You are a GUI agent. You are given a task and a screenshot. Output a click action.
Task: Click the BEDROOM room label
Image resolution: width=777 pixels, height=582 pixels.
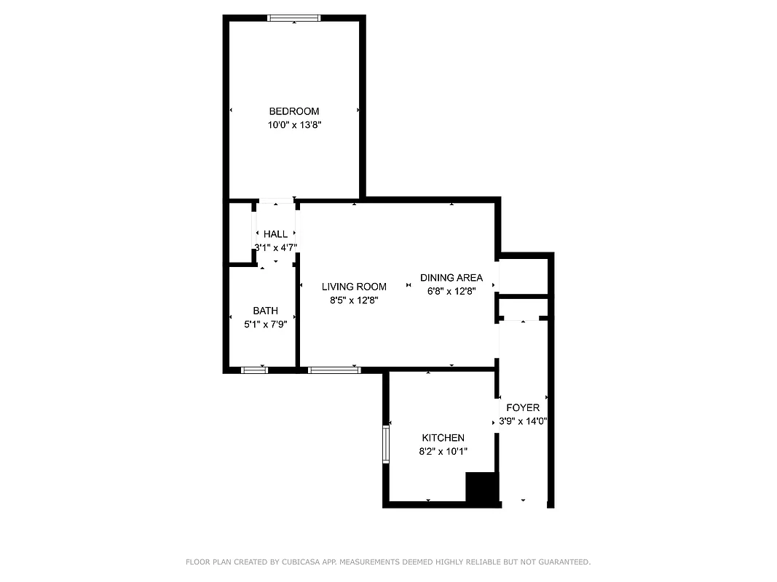[294, 111]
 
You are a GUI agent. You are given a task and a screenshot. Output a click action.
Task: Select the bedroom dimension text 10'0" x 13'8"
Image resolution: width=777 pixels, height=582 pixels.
[294, 125]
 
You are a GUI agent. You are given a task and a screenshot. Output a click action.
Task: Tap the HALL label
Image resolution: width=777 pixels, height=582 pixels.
[276, 234]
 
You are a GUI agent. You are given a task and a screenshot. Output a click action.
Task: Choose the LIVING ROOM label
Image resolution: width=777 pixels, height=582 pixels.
[354, 287]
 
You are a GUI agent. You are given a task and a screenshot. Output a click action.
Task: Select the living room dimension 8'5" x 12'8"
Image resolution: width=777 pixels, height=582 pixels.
[354, 300]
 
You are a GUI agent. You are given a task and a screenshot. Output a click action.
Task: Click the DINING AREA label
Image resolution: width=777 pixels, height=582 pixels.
[451, 278]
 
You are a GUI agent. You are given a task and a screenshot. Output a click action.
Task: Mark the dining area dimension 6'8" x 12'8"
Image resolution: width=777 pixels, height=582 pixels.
[451, 292]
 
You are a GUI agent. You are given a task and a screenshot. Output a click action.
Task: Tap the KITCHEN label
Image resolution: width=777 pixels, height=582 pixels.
[443, 438]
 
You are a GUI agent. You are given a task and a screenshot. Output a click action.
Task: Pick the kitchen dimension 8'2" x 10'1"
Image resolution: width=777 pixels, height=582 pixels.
[443, 451]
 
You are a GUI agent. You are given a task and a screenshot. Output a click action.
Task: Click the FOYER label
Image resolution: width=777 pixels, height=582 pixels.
[523, 408]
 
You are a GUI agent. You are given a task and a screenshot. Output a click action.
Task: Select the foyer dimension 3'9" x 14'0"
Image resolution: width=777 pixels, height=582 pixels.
[523, 421]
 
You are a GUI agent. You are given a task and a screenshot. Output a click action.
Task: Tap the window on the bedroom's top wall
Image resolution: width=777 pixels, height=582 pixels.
[294, 18]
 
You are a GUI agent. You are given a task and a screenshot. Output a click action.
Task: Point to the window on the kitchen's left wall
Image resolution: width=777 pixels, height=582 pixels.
[387, 445]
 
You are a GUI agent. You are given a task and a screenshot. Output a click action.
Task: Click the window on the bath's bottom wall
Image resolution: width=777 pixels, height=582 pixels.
[254, 370]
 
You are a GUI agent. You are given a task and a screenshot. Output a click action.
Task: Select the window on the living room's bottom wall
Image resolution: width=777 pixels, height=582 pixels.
[334, 370]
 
